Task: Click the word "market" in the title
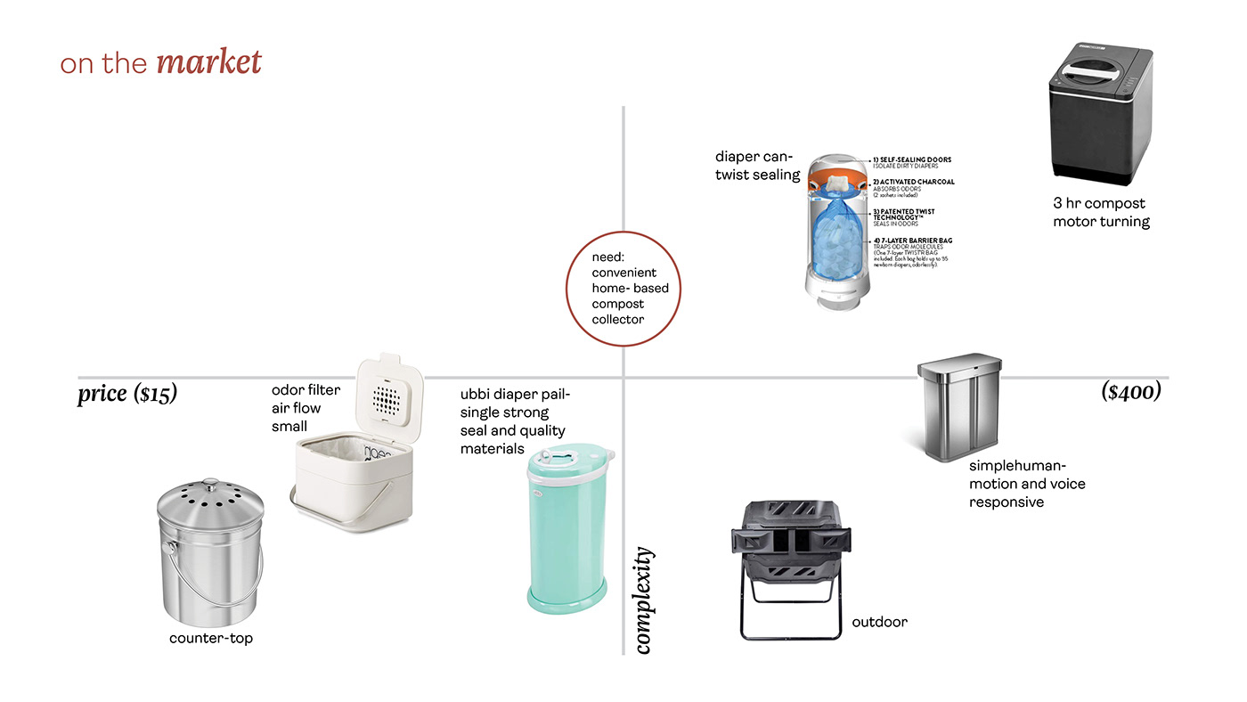tap(208, 62)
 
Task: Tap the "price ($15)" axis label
tap(127, 393)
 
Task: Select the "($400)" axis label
tap(1130, 391)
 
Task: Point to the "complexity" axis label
tap(644, 600)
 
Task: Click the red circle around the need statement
tap(623, 288)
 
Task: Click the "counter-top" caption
tap(211, 638)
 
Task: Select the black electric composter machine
tap(1100, 116)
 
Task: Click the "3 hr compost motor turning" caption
tap(1101, 212)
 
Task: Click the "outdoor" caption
tap(879, 622)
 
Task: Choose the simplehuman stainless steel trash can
tap(957, 410)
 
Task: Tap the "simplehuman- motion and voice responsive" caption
tap(1026, 484)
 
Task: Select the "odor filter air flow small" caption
tap(306, 408)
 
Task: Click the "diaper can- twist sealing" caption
tap(757, 166)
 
